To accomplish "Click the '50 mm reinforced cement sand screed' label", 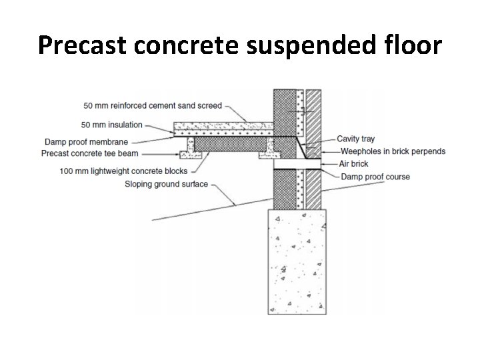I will [153, 105].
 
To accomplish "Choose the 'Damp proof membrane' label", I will [85, 141].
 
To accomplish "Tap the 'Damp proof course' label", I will [375, 177].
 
